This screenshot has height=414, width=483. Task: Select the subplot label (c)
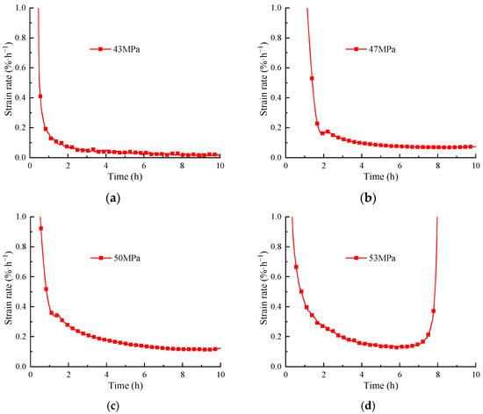click(x=112, y=405)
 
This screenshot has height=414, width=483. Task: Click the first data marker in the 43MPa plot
click(x=40, y=96)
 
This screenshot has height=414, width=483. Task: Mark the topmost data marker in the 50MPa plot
click(x=40, y=228)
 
